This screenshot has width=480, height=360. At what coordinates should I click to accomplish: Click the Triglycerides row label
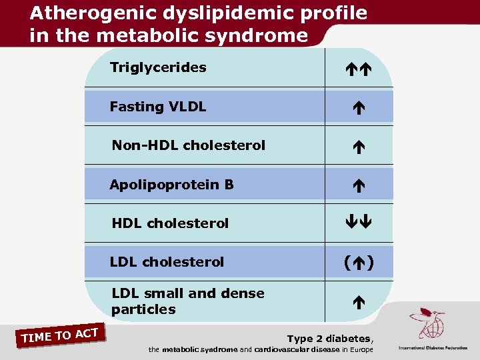tap(158, 67)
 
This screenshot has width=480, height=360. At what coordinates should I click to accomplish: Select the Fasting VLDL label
tap(158, 107)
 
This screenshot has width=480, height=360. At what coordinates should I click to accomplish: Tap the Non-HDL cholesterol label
tap(189, 145)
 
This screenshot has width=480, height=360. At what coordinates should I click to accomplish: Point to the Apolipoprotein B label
tap(172, 184)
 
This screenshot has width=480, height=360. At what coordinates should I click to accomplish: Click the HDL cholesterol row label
tap(170, 223)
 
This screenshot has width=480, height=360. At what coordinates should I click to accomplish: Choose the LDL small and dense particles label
tap(188, 301)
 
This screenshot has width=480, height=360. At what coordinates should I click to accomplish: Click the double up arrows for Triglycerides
tap(359, 68)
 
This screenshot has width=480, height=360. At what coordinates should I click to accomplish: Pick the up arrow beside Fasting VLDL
tap(359, 107)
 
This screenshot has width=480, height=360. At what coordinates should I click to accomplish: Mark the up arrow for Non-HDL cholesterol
tap(359, 146)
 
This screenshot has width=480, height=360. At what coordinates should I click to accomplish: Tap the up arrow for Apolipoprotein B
tap(359, 185)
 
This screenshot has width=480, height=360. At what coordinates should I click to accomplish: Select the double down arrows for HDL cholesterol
tap(359, 223)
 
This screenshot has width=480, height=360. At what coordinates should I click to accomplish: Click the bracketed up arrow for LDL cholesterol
tap(359, 263)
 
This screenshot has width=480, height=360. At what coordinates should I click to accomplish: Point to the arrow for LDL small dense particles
tap(359, 301)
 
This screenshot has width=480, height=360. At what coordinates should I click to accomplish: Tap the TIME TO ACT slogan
tap(60, 335)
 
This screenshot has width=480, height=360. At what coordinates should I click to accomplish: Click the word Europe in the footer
tap(360, 349)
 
